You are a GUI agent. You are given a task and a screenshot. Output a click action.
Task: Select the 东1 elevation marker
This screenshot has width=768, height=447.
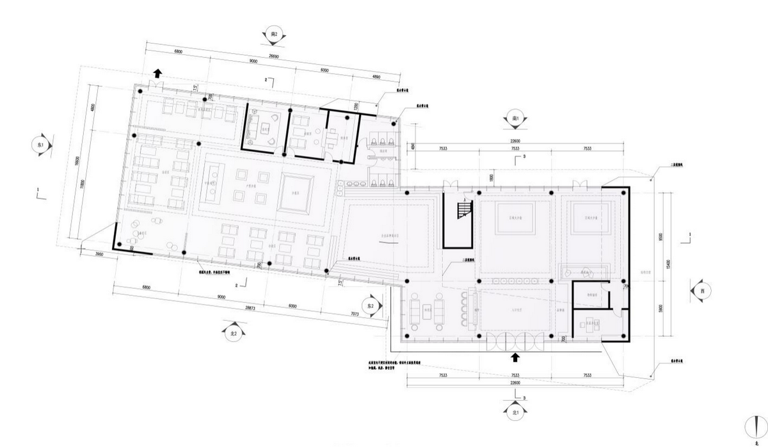[40, 145]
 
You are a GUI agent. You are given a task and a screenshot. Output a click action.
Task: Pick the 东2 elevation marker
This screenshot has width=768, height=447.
[369, 305]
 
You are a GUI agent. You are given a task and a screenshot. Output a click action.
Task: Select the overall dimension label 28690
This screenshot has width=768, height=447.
[273, 56]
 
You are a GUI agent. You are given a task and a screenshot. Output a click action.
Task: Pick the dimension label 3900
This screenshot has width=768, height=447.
[98, 255]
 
